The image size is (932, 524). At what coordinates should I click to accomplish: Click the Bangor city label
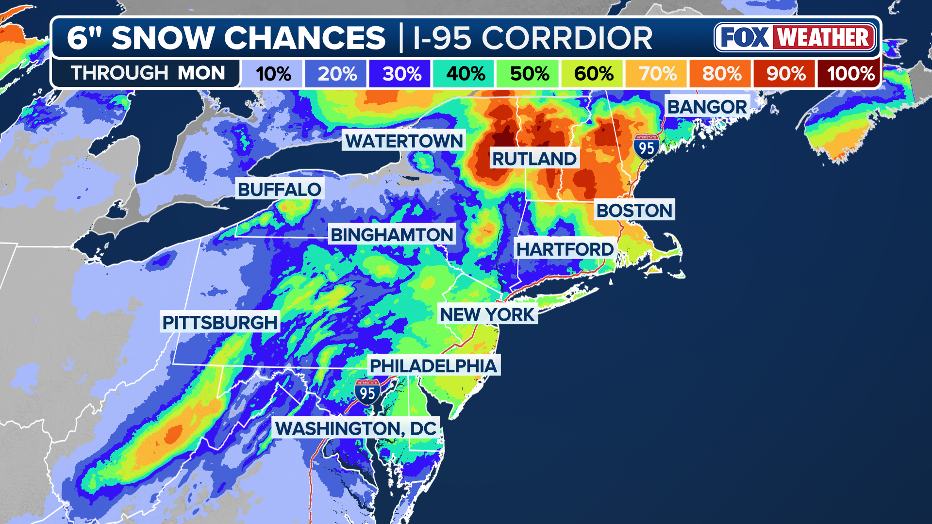(x=707, y=107)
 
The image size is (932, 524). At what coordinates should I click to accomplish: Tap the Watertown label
(x=404, y=141)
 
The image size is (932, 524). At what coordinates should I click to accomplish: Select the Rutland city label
(x=534, y=159)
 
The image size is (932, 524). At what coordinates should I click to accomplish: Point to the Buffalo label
(x=279, y=189)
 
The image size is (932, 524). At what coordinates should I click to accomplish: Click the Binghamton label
(x=392, y=235)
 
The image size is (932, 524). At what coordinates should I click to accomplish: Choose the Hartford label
(x=565, y=249)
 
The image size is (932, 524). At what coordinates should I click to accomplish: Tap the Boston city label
(x=634, y=210)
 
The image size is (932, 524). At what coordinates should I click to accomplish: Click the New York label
(x=487, y=314)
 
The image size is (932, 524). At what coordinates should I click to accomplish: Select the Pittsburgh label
(x=220, y=322)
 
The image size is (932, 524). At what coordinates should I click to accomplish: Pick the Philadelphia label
(x=433, y=365)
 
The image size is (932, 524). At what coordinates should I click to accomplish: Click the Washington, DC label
(x=355, y=428)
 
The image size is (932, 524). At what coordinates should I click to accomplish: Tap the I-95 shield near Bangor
(x=646, y=147)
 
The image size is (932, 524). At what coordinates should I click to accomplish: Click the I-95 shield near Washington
(x=367, y=392)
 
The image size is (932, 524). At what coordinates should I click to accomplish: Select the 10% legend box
(x=273, y=74)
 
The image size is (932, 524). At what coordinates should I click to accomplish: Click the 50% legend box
(x=529, y=74)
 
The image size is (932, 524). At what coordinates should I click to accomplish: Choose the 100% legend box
(x=850, y=74)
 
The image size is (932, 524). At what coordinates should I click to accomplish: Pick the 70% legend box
(x=657, y=74)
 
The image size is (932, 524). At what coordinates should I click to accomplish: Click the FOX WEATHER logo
(x=795, y=37)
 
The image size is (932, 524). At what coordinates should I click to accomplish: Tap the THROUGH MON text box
(x=148, y=73)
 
